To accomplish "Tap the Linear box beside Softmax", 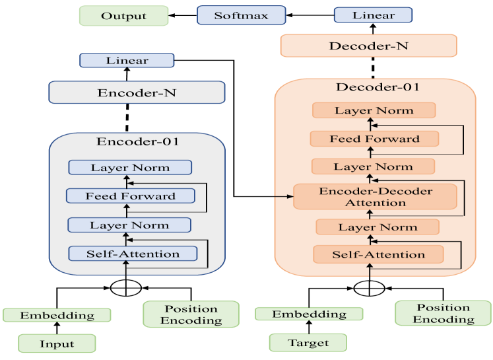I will [373, 15].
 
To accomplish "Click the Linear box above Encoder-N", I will [127, 61].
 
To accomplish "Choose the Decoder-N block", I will [368, 46].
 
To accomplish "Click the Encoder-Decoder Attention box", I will [376, 197].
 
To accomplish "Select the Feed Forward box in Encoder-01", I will [131, 196].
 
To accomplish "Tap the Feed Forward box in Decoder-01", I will [375, 139].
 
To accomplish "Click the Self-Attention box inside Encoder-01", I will [133, 254].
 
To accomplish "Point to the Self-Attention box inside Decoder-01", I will [378, 254].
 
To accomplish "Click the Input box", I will [56, 344].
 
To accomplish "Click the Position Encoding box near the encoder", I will [191, 314].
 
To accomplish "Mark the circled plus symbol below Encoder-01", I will [125, 289].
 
